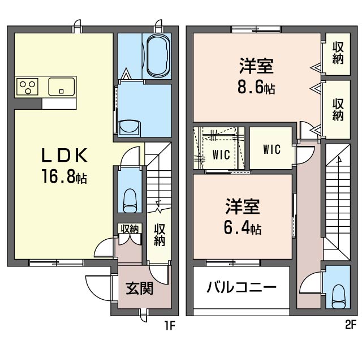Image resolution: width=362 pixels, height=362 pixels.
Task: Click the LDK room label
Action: (x=64, y=155)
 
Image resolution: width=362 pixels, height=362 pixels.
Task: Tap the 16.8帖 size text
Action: (x=64, y=177)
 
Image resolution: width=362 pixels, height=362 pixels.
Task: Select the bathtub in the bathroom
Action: (x=158, y=56)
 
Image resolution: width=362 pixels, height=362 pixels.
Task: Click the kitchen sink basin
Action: (x=62, y=87)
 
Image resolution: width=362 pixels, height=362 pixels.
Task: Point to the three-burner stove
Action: (x=28, y=87)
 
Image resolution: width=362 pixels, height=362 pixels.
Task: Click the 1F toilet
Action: (x=130, y=201)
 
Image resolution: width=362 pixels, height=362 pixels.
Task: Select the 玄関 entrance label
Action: (x=140, y=288)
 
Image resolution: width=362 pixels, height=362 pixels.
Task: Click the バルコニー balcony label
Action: (x=242, y=287)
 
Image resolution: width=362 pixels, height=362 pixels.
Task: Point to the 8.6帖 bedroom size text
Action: (x=256, y=88)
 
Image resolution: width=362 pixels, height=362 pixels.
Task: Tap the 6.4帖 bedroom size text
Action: (x=243, y=229)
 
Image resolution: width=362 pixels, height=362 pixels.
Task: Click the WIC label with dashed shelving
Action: (x=221, y=154)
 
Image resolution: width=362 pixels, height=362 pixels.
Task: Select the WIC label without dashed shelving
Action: (x=271, y=149)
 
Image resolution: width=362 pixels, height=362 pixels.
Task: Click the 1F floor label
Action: (x=170, y=326)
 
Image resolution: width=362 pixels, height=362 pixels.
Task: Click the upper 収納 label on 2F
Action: (x=338, y=53)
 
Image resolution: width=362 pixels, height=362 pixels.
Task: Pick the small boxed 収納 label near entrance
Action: (x=130, y=229)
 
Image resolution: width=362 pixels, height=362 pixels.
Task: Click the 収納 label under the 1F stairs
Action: (x=160, y=235)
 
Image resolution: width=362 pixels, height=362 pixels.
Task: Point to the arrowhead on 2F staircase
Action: (x=339, y=159)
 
